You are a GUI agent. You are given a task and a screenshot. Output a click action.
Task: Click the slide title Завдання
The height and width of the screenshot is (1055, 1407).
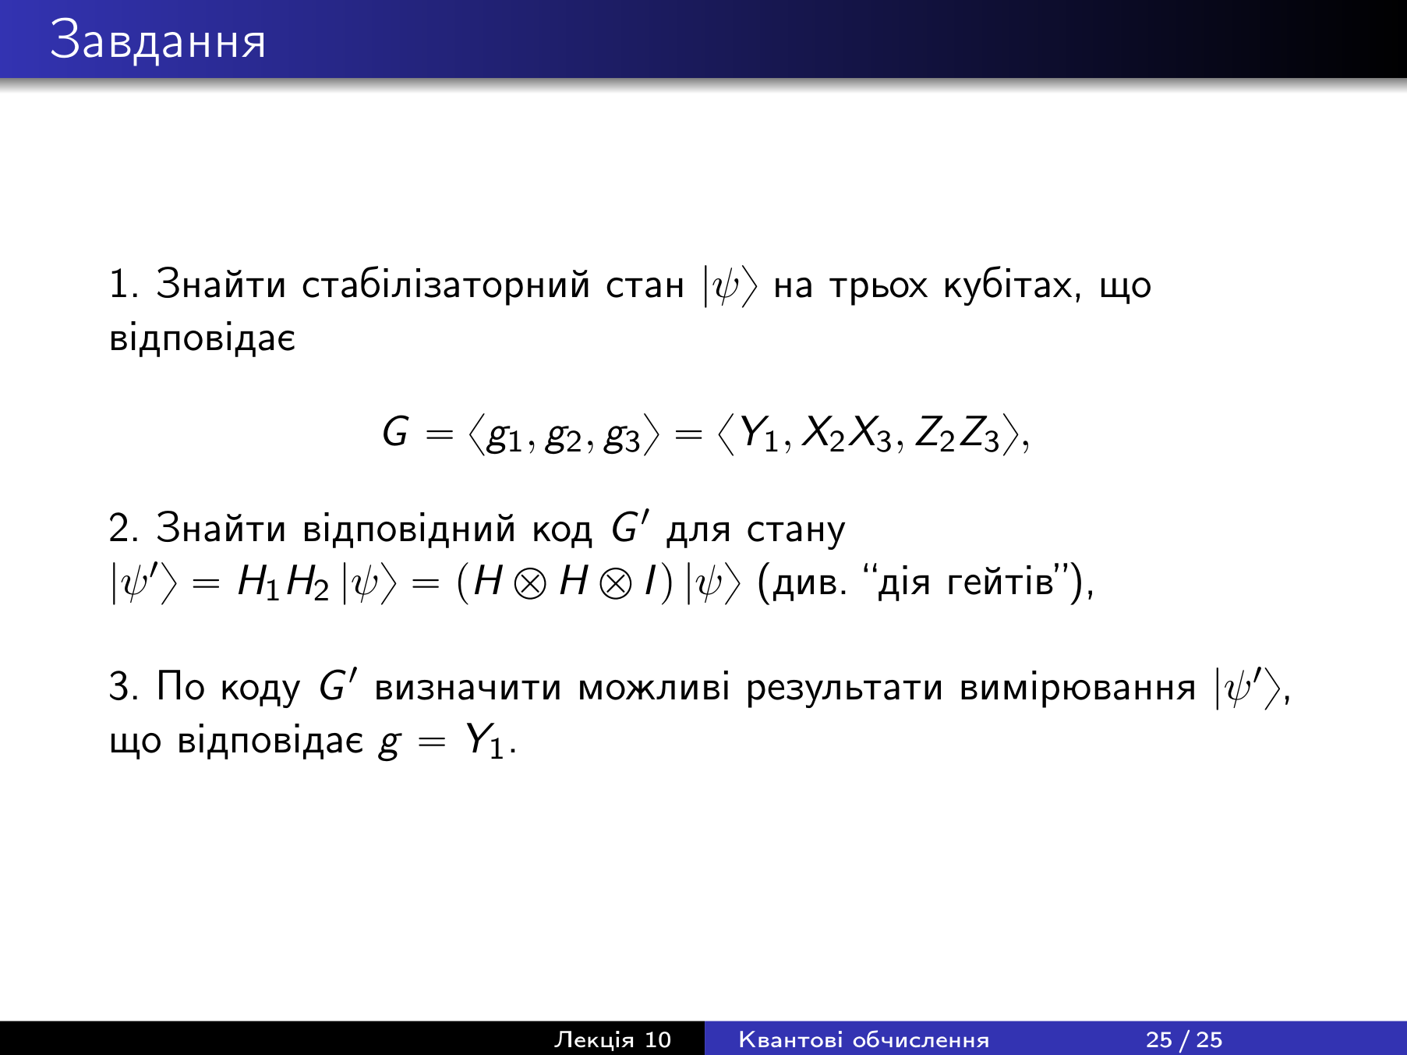(x=158, y=41)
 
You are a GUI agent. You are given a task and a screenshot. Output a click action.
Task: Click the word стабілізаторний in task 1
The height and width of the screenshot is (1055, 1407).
(x=446, y=285)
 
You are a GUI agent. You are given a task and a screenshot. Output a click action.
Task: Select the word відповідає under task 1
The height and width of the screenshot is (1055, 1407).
(x=203, y=338)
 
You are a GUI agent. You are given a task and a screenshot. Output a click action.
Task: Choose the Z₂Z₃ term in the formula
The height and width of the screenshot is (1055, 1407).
(x=957, y=434)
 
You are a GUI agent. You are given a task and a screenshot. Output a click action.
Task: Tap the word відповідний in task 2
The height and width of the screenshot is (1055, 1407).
(x=409, y=529)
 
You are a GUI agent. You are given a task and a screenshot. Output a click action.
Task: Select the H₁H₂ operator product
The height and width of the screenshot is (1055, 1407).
(x=283, y=583)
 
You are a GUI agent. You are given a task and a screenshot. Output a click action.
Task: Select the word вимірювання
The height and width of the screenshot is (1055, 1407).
(x=1077, y=688)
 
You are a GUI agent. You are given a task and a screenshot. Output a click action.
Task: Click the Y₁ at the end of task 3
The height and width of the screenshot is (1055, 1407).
(x=486, y=742)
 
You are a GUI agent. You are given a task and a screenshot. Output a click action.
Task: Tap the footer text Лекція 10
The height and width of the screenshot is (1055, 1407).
(x=612, y=1039)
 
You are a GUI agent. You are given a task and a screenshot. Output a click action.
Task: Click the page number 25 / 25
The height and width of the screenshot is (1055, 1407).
(x=1184, y=1039)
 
